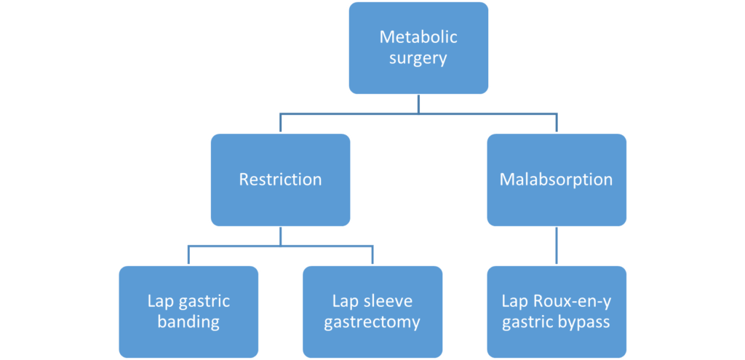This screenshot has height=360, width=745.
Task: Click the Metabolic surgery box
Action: [418, 48]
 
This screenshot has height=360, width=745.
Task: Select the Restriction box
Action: [280, 180]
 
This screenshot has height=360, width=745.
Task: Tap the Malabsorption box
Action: [556, 180]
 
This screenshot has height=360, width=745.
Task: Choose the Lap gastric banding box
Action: [188, 311]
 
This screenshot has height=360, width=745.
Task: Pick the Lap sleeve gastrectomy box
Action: [372, 311]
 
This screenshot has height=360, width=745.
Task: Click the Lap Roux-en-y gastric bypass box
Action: [556, 311]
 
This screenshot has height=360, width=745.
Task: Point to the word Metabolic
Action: [418, 36]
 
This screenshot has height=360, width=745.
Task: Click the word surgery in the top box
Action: [418, 59]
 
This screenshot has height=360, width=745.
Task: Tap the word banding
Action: [188, 322]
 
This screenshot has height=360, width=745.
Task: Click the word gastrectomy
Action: [372, 322]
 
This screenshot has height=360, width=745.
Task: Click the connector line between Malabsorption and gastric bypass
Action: [557, 246]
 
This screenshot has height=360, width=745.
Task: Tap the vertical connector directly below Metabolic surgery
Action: [418, 105]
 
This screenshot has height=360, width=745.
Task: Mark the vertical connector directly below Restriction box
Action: [281, 236]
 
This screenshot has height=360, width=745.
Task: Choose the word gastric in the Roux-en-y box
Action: [528, 322]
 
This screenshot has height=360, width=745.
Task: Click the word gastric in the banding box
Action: [204, 300]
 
